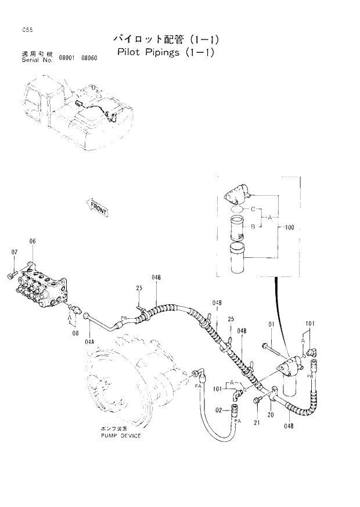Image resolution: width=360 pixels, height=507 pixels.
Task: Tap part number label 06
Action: pos(33,241)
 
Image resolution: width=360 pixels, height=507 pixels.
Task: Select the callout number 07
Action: pos(15,251)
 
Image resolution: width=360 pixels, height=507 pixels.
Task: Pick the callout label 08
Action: pos(75,333)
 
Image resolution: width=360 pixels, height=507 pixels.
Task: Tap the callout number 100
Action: pos(290,228)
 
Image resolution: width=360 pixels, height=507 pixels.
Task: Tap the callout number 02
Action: pos(219,410)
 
